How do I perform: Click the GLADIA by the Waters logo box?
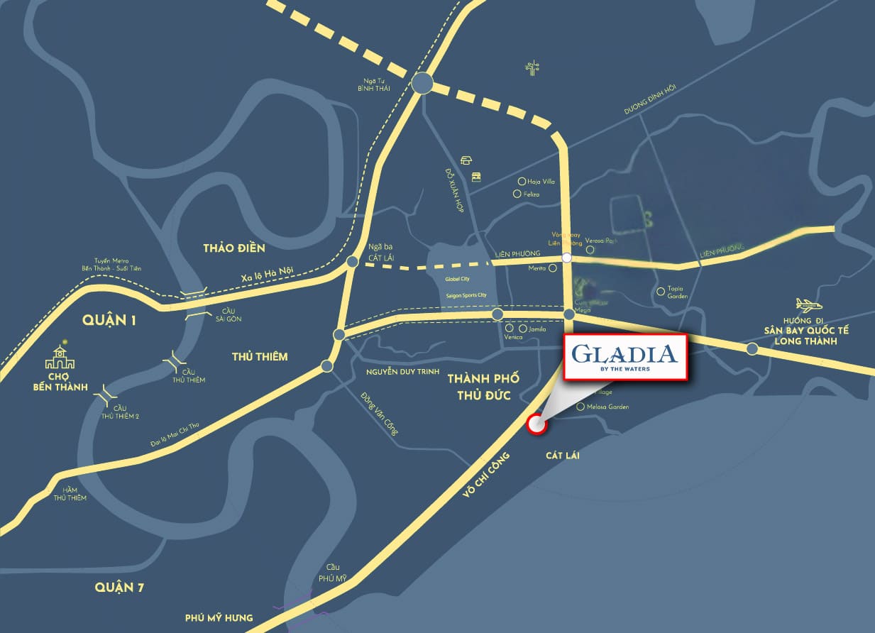click(624, 358)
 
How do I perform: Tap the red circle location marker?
click(537, 424)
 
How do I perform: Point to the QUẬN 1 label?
click(109, 319)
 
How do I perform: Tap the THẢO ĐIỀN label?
click(233, 248)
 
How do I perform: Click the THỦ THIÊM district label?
click(260, 356)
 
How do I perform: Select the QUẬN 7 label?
click(125, 587)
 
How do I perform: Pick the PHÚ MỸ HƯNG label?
click(219, 617)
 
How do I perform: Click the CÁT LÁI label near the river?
click(563, 455)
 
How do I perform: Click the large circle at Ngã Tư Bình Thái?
click(422, 84)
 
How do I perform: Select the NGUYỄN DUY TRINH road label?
click(403, 372)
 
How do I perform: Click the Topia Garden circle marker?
click(661, 290)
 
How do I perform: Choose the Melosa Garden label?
click(607, 407)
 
